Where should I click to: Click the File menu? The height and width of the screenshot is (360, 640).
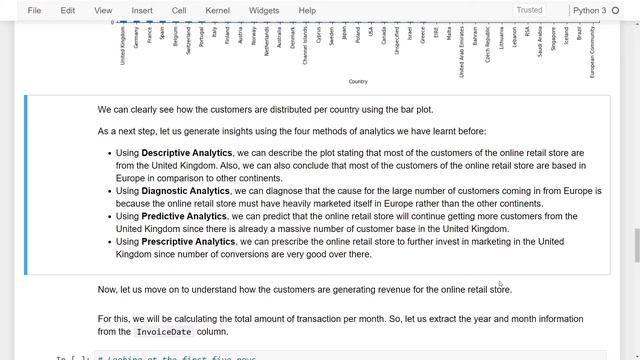pyautogui.click(x=35, y=11)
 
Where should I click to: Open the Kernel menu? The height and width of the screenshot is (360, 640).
pyautogui.click(x=217, y=11)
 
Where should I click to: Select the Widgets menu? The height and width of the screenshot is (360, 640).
pyautogui.click(x=264, y=11)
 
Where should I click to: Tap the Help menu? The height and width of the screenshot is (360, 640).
pyautogui.click(x=307, y=11)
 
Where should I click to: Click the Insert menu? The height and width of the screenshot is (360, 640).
pyautogui.click(x=142, y=11)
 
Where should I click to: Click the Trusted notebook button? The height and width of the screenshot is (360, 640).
pyautogui.click(x=529, y=10)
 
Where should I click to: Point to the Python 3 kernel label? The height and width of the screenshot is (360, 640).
pyautogui.click(x=589, y=11)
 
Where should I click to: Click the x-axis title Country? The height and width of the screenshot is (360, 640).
pyautogui.click(x=358, y=82)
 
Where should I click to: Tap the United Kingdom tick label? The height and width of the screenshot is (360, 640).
pyautogui.click(x=123, y=46)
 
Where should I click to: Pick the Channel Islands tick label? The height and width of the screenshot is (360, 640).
pyautogui.click(x=305, y=46)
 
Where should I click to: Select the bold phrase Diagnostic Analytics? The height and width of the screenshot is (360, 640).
pyautogui.click(x=185, y=190)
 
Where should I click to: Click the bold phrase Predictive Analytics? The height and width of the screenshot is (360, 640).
pyautogui.click(x=184, y=215)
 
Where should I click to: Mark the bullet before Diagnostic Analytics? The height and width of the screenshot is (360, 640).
pyautogui.click(x=107, y=190)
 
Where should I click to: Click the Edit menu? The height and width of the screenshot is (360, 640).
pyautogui.click(x=68, y=11)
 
